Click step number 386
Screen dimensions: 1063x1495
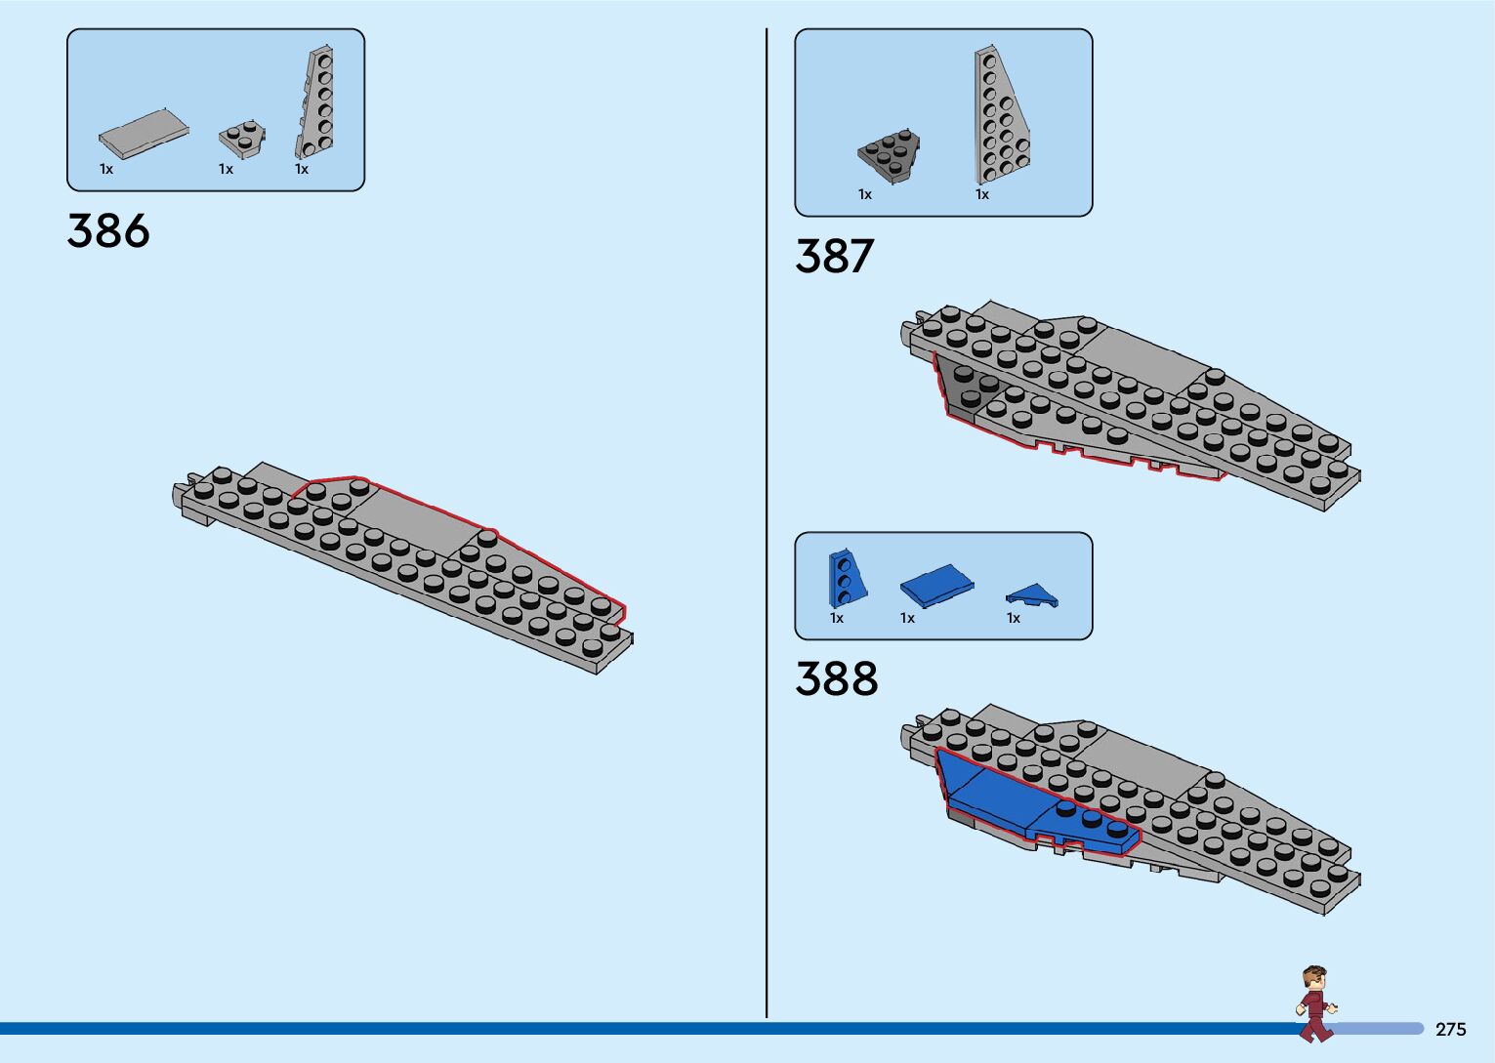pos(108,231)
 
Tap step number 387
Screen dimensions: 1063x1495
pos(834,257)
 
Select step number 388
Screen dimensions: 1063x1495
pos(836,678)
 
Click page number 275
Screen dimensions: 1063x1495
pos(1450,1030)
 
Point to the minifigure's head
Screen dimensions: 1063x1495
pos(1314,978)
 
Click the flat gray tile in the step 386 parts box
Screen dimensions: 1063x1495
pos(144,134)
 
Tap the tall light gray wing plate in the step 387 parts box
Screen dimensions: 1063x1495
pos(998,117)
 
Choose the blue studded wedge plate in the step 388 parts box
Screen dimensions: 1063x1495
pos(845,577)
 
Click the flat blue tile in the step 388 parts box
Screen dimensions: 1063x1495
pos(936,585)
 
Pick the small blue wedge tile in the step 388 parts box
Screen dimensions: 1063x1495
pos(1031,595)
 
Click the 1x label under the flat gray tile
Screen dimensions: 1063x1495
pos(106,170)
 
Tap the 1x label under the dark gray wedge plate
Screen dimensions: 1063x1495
pos(865,195)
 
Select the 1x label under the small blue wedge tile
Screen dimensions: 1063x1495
pos(1014,619)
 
